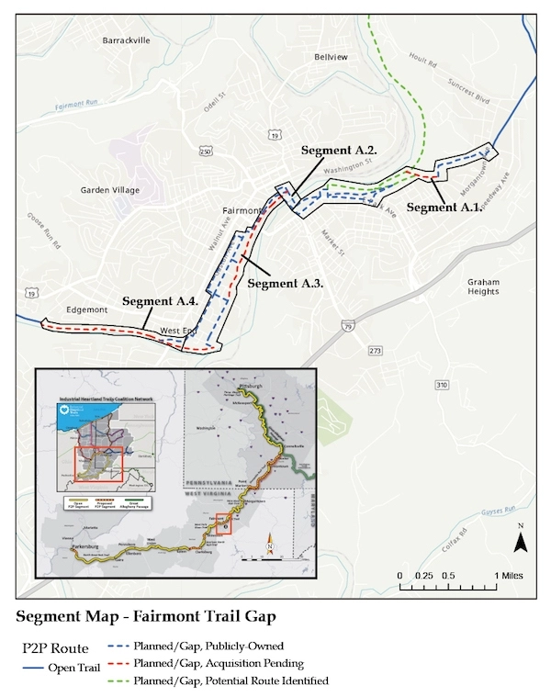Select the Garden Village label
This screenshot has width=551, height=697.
[x=111, y=191]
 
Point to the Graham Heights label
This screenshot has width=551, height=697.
[x=483, y=286]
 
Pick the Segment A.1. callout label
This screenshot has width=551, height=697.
[x=444, y=208]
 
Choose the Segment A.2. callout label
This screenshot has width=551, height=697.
[x=340, y=149]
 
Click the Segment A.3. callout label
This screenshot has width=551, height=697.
[x=286, y=284]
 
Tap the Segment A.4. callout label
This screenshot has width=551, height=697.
[x=160, y=300]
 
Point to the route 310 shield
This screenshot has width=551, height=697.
[x=442, y=384]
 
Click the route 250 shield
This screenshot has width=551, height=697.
[x=205, y=152]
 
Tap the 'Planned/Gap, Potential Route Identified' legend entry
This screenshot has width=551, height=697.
[x=230, y=680]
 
